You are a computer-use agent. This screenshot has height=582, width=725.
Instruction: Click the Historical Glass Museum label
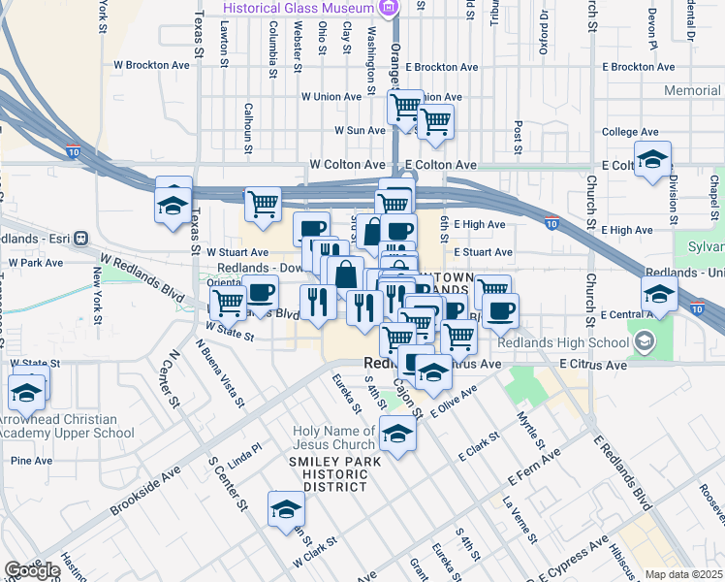(x=298, y=9)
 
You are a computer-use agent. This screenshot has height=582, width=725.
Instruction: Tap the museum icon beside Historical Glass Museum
(x=389, y=9)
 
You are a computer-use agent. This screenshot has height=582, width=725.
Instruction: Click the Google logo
(x=31, y=569)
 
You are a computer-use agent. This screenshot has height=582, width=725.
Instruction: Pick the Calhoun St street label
(x=248, y=128)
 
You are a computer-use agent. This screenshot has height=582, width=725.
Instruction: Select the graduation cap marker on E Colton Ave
(x=653, y=159)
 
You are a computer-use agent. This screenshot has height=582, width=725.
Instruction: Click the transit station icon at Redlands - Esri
(x=80, y=238)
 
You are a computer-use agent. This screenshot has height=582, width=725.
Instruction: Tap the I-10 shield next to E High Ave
(x=550, y=222)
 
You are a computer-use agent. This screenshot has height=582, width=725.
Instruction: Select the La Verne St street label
(x=520, y=515)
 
